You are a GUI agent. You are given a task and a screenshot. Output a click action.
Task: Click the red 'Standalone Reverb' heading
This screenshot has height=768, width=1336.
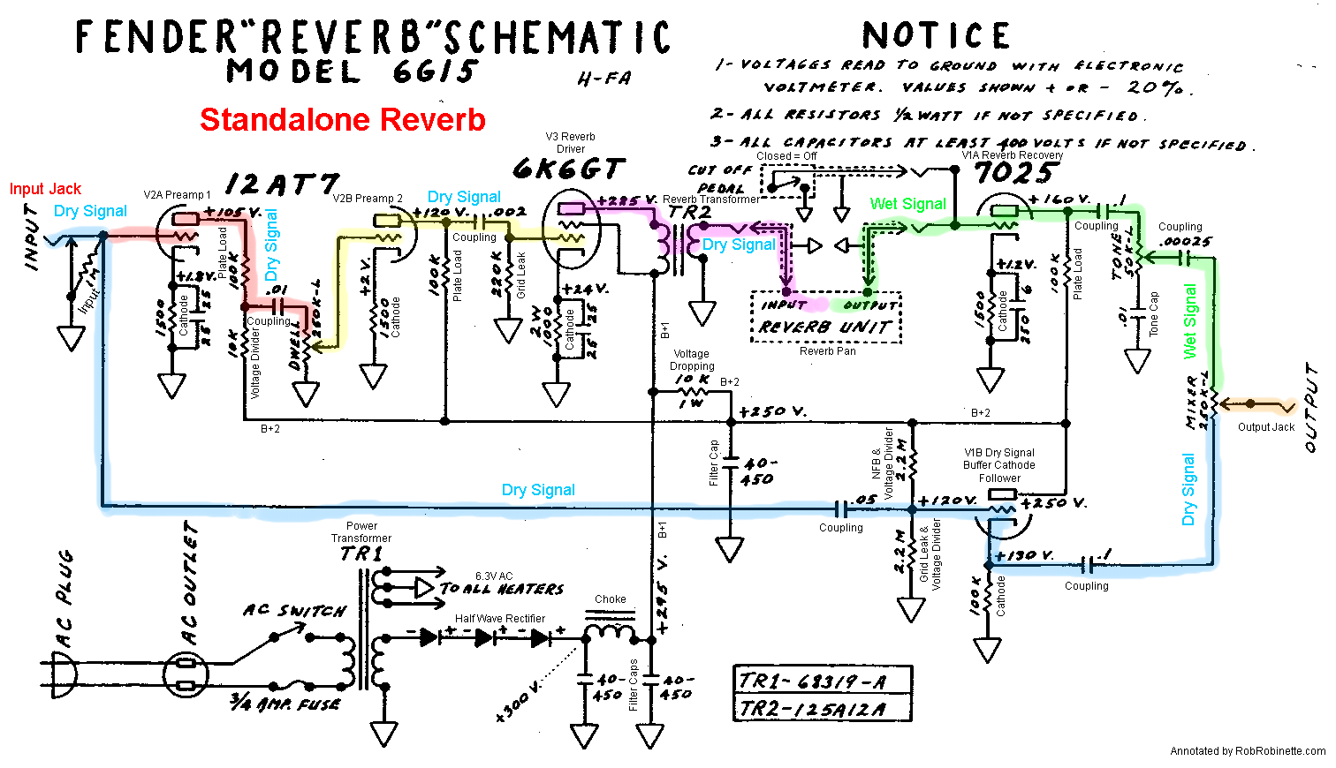coord(342,120)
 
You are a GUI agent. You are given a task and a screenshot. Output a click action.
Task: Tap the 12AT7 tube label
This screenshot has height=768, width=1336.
coord(281,184)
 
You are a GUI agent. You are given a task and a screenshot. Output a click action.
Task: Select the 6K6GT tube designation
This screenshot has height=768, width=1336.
coord(569,169)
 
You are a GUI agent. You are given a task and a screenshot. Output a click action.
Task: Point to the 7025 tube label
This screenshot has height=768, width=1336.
coord(1015,173)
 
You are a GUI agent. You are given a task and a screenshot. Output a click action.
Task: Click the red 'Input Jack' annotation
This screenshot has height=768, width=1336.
coord(45,189)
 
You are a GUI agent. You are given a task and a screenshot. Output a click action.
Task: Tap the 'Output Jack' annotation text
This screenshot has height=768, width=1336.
coord(1265,427)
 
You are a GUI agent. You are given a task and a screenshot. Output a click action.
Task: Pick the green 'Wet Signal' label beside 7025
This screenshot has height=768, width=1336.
coord(907,204)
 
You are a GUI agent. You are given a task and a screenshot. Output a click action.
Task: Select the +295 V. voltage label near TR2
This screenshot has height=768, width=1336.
coord(627,201)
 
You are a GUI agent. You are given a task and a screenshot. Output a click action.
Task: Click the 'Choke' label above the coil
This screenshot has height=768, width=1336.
coord(610,599)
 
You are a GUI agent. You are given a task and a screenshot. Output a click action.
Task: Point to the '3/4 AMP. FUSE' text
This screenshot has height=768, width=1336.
coord(285,704)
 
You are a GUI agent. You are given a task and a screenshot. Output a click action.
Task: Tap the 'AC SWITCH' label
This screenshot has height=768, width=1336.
coord(295,610)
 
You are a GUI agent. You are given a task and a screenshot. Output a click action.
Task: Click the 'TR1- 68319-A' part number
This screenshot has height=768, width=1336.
coord(811,681)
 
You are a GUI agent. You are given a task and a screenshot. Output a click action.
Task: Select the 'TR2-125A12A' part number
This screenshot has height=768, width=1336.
coord(811,708)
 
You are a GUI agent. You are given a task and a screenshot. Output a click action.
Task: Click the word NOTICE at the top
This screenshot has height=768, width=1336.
coord(936,36)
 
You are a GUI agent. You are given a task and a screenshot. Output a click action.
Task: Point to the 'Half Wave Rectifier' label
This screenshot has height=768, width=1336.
coord(499,619)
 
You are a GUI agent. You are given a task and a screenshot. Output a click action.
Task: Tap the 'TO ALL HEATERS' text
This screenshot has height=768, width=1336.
coord(501,589)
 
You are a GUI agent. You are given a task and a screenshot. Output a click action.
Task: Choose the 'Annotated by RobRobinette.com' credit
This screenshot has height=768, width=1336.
coord(1247,751)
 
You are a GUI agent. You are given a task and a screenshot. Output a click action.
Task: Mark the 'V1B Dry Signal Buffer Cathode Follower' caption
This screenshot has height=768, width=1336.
coord(998,465)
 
